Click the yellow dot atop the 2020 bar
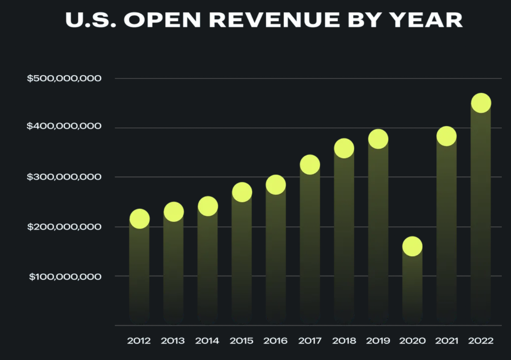point(412,246)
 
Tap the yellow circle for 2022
point(481,103)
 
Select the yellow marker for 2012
point(139,218)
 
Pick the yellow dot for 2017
point(310,165)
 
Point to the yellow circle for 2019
point(378,139)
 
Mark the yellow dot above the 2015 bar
point(242,192)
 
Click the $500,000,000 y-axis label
point(64,78)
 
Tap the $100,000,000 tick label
point(65,276)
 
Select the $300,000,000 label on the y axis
point(64,177)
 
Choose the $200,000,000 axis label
point(64,227)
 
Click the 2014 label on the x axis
point(207,340)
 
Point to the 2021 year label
point(446,340)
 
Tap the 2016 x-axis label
point(275,340)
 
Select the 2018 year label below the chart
point(344,340)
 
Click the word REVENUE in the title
point(274,20)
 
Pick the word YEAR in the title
point(426,20)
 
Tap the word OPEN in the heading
point(162,20)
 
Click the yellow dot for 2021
point(446,136)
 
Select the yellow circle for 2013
point(173,212)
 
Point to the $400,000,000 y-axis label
point(64,126)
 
